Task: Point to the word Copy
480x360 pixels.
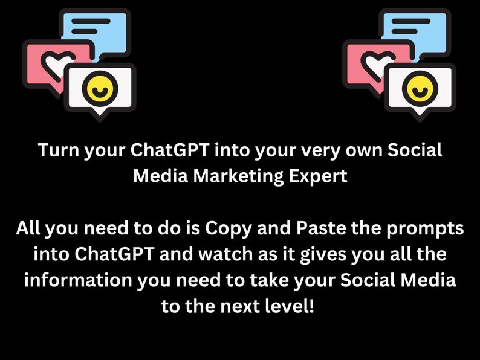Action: (x=229, y=229)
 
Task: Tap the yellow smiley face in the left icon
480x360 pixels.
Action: (x=100, y=88)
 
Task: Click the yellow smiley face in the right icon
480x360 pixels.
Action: (x=420, y=88)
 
